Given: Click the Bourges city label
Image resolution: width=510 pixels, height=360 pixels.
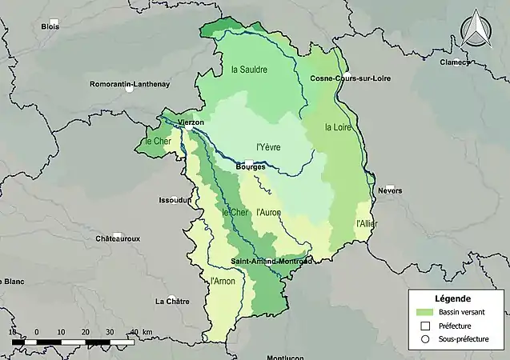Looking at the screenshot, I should (x=251, y=167).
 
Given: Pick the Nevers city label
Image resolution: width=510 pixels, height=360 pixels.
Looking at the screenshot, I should (x=389, y=191).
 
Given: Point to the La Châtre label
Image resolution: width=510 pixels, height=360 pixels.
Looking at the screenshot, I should (x=172, y=301).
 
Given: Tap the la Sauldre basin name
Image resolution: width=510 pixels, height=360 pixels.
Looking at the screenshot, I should (x=249, y=70).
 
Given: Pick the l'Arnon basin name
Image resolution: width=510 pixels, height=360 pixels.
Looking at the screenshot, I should (x=222, y=282).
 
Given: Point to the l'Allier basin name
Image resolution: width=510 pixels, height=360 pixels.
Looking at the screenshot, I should (x=365, y=222).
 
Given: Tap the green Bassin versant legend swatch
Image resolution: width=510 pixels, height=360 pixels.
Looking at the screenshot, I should (x=424, y=312).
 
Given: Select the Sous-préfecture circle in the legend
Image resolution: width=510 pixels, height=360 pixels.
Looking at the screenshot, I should (x=424, y=340).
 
